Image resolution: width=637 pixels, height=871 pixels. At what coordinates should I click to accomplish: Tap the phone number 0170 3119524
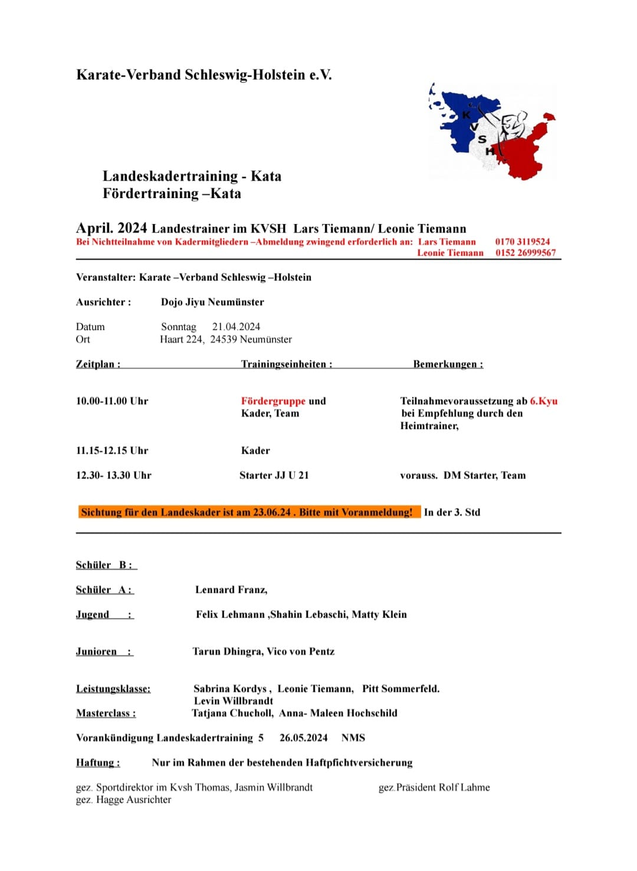[522, 242]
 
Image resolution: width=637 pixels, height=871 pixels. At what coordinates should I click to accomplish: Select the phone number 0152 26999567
[525, 253]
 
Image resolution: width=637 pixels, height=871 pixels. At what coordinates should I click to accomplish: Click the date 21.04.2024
[236, 326]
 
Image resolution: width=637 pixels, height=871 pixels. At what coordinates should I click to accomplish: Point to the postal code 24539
[223, 339]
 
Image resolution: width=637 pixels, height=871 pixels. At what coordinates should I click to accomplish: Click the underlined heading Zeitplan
[98, 364]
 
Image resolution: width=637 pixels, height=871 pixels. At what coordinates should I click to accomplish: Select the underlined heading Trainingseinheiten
[287, 364]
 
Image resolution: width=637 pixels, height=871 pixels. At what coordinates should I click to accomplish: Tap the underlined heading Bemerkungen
[448, 364]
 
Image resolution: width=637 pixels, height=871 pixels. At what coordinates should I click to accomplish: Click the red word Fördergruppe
[273, 401]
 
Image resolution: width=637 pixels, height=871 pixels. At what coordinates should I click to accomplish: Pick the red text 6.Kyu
[543, 401]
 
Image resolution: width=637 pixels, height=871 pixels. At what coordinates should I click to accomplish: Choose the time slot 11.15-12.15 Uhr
[112, 450]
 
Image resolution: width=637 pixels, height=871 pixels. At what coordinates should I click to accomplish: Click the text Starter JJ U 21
[274, 475]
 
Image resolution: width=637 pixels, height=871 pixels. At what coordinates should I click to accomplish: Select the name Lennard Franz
[231, 589]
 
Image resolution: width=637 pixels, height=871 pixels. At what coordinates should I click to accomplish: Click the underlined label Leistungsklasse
[113, 688]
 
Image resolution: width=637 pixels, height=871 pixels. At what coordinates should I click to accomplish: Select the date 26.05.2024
[303, 738]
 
